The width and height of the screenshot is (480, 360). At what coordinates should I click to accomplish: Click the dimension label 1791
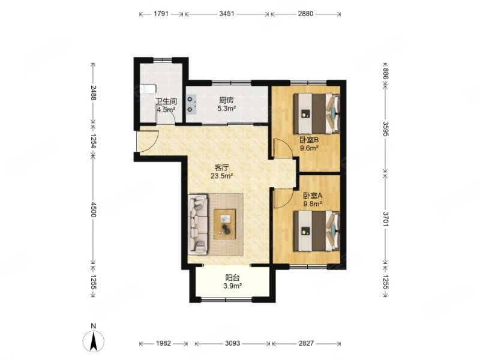pos(161,14)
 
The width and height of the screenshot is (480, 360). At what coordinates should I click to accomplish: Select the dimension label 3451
pos(227,14)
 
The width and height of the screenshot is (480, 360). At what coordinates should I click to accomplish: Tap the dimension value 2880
pos(305,14)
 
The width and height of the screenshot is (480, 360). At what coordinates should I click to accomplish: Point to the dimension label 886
pos(385,74)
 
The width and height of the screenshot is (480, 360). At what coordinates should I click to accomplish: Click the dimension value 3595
pos(385,129)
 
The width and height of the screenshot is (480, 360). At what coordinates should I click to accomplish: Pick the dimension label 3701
pos(385,219)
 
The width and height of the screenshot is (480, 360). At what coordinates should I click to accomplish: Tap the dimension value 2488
pos(94,92)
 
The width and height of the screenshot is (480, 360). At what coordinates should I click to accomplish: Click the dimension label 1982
pos(163,343)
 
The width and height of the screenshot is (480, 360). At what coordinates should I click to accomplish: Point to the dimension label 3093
pos(233,343)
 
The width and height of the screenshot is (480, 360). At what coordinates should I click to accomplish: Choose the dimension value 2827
pos(306,343)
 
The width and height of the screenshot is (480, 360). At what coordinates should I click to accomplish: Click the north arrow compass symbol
pos(94,340)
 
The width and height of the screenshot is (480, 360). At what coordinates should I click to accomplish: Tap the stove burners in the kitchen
pos(191,104)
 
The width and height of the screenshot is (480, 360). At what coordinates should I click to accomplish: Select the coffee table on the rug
pos(224,224)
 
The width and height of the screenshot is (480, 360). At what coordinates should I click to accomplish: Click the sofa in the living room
pos(198,224)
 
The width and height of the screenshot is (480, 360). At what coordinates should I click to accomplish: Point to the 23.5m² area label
pos(221,176)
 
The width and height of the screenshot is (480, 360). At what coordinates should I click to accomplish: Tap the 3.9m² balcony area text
pos(233,286)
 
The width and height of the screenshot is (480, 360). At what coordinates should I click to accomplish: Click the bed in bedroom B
pos(317,113)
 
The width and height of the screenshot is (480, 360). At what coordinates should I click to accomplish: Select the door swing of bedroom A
pos(281,199)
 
